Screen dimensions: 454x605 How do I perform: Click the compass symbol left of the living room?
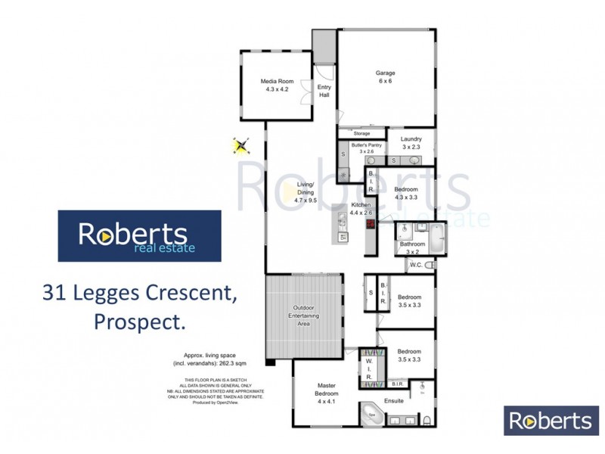coord(241,145)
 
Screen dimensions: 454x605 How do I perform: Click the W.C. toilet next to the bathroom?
coord(429,265)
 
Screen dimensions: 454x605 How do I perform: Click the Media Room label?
coord(277,85)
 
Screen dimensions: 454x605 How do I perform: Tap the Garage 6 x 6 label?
coord(386,77)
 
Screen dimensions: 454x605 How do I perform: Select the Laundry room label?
coord(411,143)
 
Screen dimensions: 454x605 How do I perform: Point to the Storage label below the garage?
coord(361,133)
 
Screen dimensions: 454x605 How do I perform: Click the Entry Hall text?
coord(324,91)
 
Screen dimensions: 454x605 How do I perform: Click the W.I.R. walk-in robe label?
coord(370,368)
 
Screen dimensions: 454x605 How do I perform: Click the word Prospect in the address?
coord(139,322)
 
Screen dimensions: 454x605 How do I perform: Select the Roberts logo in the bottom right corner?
coord(548,421)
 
